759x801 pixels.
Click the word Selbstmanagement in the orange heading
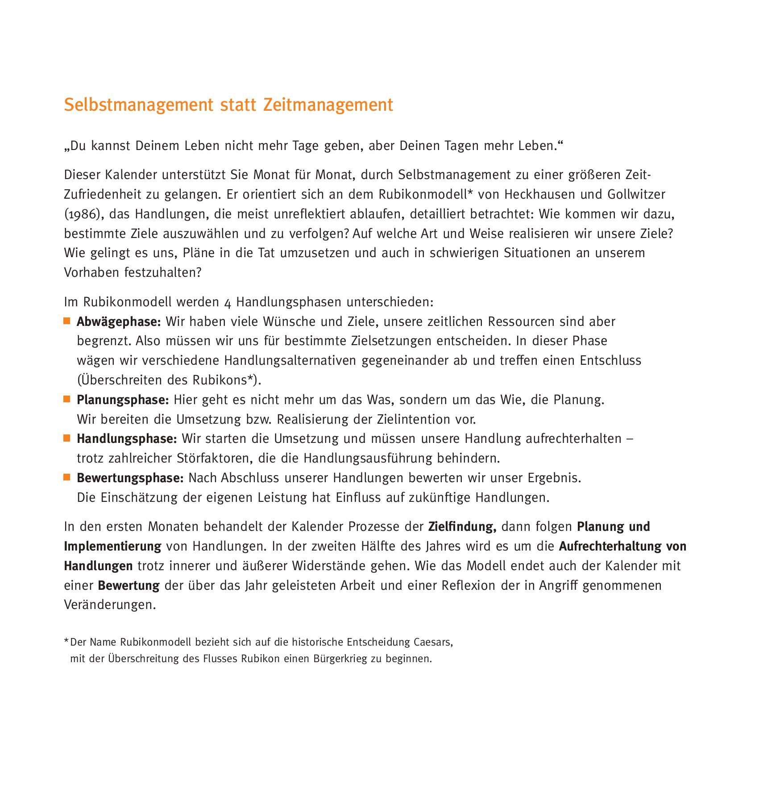point(138,105)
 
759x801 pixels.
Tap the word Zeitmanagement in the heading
point(328,105)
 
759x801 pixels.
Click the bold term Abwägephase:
point(118,321)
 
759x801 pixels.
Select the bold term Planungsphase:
point(123,400)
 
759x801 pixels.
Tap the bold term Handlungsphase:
point(127,439)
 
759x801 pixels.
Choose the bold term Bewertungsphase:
point(130,478)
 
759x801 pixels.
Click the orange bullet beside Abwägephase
point(67,321)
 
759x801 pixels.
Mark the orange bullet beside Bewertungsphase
point(67,478)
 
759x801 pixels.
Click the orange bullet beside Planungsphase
point(67,399)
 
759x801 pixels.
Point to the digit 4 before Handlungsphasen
point(228,303)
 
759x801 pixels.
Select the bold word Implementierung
point(112,547)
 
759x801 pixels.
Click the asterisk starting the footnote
point(66,642)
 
